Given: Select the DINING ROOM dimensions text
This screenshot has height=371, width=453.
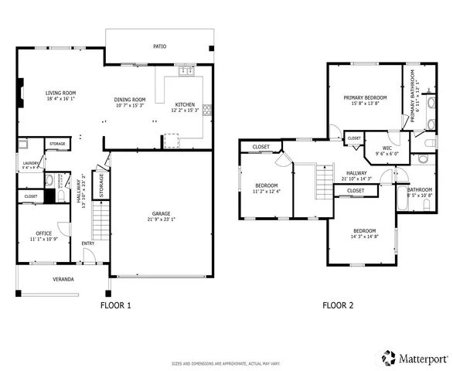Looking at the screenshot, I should pyautogui.click(x=130, y=105).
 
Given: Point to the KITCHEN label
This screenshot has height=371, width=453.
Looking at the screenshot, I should pyautogui.click(x=185, y=104).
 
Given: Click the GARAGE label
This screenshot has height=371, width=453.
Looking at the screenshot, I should pyautogui.click(x=161, y=213).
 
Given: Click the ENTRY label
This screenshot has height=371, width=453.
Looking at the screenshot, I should pyautogui.click(x=88, y=245).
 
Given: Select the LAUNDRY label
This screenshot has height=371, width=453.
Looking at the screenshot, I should pyautogui.click(x=29, y=162).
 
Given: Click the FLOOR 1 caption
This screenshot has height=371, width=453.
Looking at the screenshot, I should pyautogui.click(x=116, y=305).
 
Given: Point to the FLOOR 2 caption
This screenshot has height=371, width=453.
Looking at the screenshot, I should pyautogui.click(x=338, y=305).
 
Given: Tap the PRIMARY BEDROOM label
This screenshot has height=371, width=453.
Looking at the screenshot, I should pyautogui.click(x=365, y=97).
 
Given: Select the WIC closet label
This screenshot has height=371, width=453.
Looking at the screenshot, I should pyautogui.click(x=380, y=148).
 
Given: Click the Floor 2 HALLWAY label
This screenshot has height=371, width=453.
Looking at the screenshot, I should pyautogui.click(x=356, y=173).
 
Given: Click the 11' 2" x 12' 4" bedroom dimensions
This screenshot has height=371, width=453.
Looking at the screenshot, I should pyautogui.click(x=267, y=191).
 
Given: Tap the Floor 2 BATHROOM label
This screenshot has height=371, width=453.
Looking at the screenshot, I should pyautogui.click(x=420, y=189).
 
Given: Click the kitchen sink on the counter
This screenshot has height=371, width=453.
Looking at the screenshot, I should pyautogui.click(x=186, y=72).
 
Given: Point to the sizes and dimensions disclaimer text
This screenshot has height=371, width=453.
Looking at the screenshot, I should pyautogui.click(x=226, y=362).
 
